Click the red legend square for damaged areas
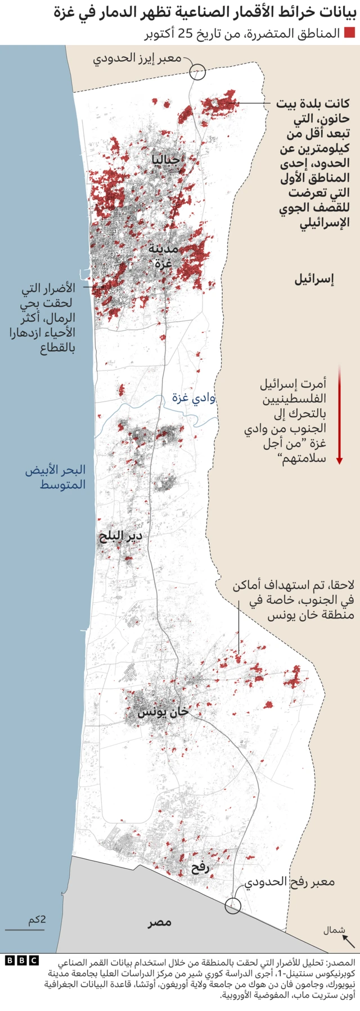[349, 33]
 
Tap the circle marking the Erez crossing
[197, 71]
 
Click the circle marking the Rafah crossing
[233, 906]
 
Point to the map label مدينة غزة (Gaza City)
[164, 256]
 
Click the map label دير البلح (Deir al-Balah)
[120, 536]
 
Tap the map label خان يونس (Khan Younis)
[163, 712]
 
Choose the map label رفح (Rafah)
[200, 868]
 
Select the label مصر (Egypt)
[160, 923]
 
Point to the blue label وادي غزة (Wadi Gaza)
[193, 398]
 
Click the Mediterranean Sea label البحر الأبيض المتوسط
[56, 477]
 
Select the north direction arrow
[349, 941]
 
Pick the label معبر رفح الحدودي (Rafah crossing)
[290, 882]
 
